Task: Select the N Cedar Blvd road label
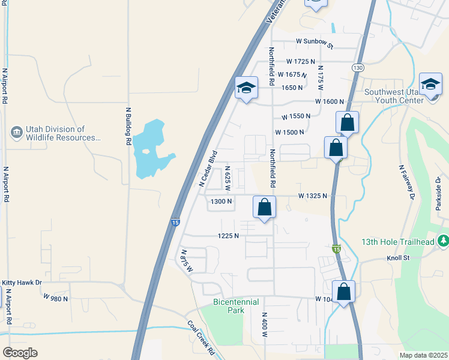[x=208, y=168]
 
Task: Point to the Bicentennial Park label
[x=236, y=306]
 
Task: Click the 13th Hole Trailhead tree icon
[x=443, y=241]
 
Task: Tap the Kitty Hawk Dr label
[x=22, y=283]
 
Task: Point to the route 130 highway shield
[x=358, y=68]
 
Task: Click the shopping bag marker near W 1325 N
[x=264, y=208]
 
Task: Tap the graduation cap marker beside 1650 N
[x=246, y=88]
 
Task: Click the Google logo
[x=20, y=353]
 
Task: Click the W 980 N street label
[x=56, y=297]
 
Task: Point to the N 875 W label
[x=187, y=260]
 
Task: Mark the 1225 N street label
[x=228, y=236]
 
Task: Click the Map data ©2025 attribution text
[x=424, y=355]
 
